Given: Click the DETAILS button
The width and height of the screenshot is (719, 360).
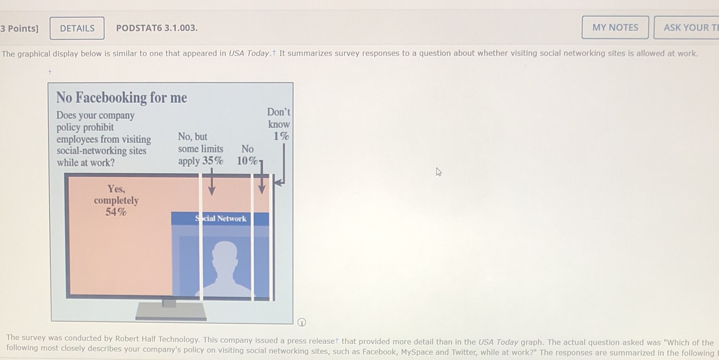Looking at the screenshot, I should (77, 28).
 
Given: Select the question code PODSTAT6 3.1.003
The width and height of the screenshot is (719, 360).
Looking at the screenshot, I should (157, 28).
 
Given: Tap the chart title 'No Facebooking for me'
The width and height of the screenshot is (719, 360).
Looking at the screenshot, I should (121, 98).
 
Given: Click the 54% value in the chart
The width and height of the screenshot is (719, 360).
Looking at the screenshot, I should (116, 212).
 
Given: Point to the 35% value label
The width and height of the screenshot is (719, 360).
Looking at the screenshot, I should (213, 161).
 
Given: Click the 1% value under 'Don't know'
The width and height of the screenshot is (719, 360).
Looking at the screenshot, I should (281, 136).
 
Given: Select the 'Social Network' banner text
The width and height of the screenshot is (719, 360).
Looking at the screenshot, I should (221, 219).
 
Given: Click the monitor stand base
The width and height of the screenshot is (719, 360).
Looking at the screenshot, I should (171, 312).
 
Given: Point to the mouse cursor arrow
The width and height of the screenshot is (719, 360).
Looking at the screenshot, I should (438, 172).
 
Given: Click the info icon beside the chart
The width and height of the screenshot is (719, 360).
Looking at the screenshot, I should (302, 322).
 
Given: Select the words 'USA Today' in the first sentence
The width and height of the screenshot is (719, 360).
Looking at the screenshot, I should (249, 53).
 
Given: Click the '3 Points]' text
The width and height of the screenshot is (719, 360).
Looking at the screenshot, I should (19, 28).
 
